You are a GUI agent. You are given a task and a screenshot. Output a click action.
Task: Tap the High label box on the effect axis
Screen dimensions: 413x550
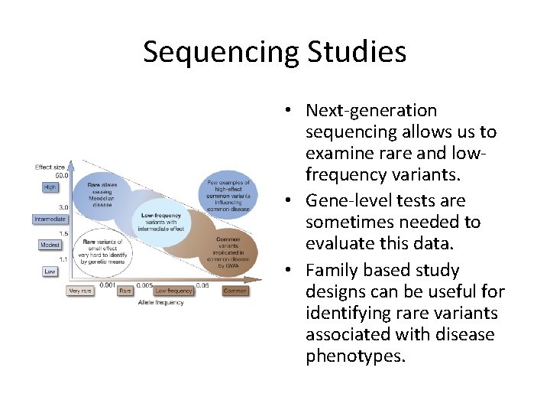point(50,187)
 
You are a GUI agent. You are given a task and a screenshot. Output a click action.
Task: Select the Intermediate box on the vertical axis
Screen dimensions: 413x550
point(50,220)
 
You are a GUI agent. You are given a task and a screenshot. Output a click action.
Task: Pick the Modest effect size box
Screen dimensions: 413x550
point(50,246)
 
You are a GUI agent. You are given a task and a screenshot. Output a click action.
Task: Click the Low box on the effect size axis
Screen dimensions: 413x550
point(50,272)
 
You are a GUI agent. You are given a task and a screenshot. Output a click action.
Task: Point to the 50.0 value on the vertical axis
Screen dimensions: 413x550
point(61,175)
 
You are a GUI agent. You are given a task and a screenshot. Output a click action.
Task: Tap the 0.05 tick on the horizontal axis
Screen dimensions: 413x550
point(202,284)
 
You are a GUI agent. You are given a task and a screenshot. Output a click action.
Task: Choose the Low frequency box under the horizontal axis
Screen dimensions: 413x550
point(173,291)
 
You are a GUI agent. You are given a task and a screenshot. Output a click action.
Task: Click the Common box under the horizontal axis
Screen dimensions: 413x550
point(235,291)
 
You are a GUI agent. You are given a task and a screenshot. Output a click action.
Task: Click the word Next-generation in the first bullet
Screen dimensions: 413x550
point(370,111)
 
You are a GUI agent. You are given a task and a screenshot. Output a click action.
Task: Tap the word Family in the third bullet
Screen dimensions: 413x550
point(333,271)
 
